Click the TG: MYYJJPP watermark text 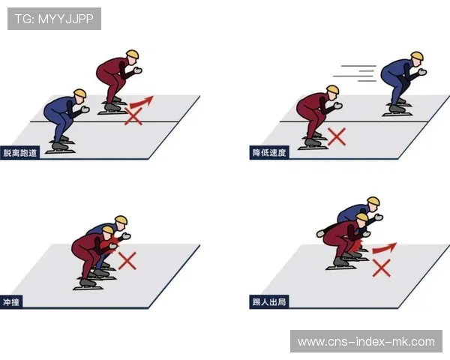[54, 18]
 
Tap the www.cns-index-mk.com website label [366, 342]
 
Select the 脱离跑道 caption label [22, 153]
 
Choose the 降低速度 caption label [269, 153]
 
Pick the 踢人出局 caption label [269, 303]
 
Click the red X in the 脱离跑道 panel [134, 115]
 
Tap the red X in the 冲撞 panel [127, 260]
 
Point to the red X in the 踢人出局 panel [382, 267]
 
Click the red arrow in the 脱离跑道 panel [142, 101]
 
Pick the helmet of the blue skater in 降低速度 [416, 56]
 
